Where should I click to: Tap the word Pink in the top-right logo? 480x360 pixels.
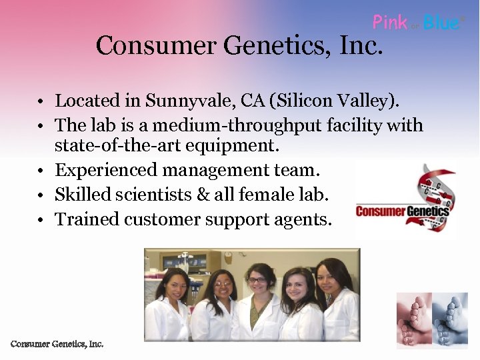click(x=390, y=23)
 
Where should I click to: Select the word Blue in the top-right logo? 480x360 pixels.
click(x=441, y=23)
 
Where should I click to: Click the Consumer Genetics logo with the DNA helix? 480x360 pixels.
click(x=404, y=201)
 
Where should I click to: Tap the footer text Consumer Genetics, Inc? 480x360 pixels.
click(x=57, y=344)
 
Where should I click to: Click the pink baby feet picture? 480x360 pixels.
click(x=413, y=320)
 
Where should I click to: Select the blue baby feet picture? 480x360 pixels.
click(x=449, y=320)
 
